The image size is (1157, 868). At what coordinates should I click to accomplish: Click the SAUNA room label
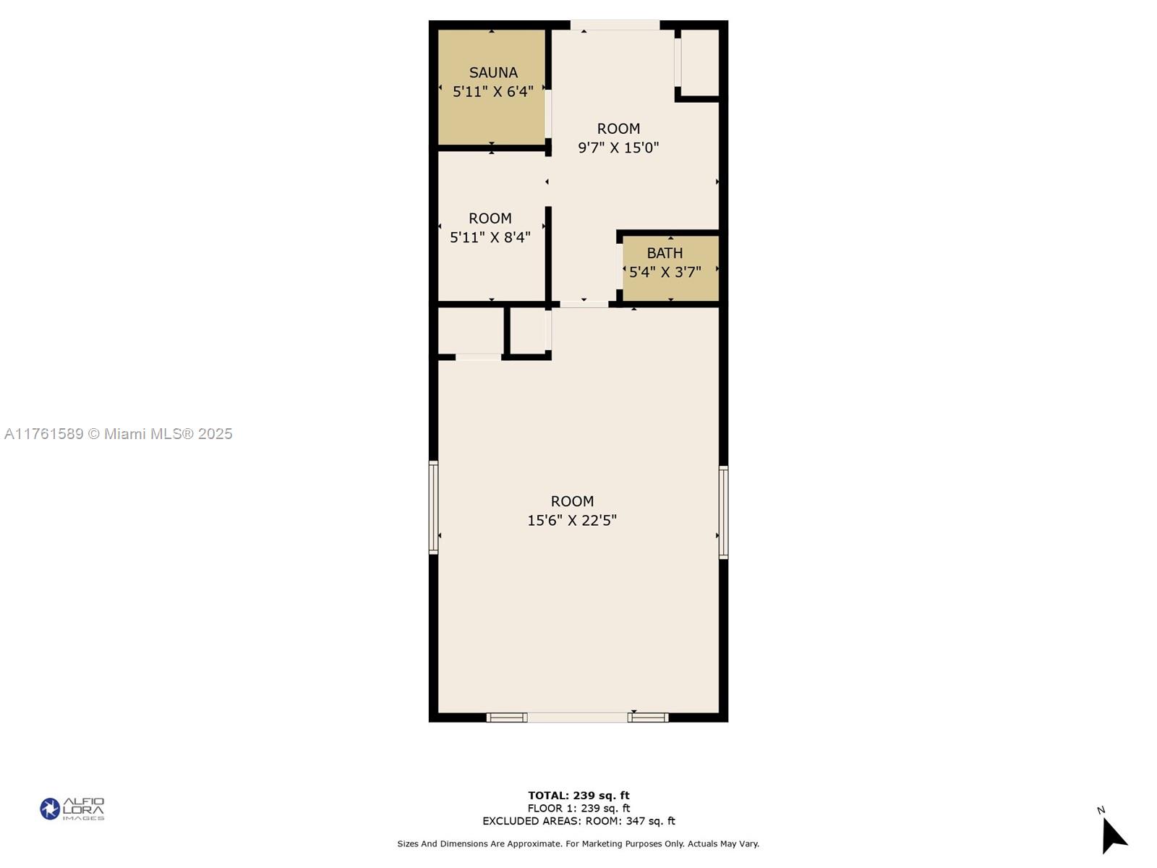pyautogui.click(x=493, y=72)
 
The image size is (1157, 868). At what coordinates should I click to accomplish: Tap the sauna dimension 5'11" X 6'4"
pyautogui.click(x=493, y=92)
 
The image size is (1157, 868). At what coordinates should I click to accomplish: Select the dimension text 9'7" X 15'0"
pyautogui.click(x=618, y=148)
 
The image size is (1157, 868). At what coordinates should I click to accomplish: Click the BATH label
pyautogui.click(x=665, y=253)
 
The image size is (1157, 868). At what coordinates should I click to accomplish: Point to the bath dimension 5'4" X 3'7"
pyautogui.click(x=665, y=273)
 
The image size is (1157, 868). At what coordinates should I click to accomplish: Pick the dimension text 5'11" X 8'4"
pyautogui.click(x=490, y=237)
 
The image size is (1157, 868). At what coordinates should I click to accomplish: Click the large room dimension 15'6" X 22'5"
pyautogui.click(x=572, y=520)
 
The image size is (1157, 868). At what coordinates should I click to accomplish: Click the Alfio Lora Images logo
pyautogui.click(x=72, y=809)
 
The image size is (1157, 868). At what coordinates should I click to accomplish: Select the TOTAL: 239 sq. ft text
pyautogui.click(x=578, y=796)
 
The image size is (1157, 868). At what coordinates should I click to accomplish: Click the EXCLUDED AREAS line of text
pyautogui.click(x=578, y=821)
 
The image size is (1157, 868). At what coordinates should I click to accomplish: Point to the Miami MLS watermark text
pyautogui.click(x=119, y=434)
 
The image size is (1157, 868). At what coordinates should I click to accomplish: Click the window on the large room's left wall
pyautogui.click(x=434, y=508)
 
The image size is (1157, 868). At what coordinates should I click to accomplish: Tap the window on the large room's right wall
pyautogui.click(x=723, y=512)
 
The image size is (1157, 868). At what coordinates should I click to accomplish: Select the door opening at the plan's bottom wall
pyautogui.click(x=577, y=718)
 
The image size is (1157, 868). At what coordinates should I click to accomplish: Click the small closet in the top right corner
pyautogui.click(x=699, y=62)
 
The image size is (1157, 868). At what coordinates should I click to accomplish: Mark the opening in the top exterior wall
pyautogui.click(x=615, y=25)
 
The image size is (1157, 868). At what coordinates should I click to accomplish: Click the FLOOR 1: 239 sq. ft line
pyautogui.click(x=578, y=809)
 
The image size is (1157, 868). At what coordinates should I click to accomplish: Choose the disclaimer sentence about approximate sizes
pyautogui.click(x=578, y=843)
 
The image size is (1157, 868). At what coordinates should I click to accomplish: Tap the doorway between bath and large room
pyautogui.click(x=584, y=305)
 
